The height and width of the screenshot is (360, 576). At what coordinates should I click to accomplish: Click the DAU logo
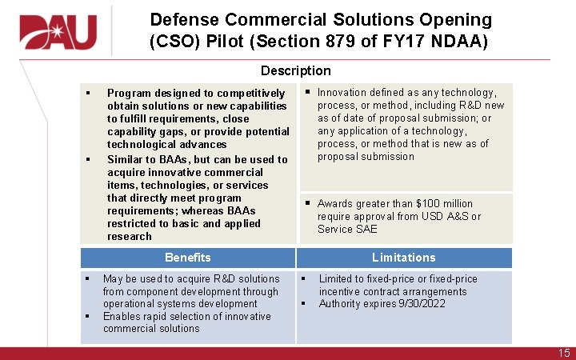click(x=58, y=32)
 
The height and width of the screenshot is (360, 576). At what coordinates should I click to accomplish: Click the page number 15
click(x=564, y=353)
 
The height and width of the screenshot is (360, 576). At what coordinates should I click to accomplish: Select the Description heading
click(x=295, y=71)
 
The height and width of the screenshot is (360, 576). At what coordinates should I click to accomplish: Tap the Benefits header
click(x=187, y=257)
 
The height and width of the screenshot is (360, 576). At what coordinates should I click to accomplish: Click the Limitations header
click(x=403, y=257)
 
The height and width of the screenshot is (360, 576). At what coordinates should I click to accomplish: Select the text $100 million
click(x=444, y=204)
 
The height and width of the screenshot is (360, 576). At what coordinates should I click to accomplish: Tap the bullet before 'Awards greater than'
click(x=307, y=204)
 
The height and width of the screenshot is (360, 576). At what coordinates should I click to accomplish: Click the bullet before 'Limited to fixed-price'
click(x=302, y=279)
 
